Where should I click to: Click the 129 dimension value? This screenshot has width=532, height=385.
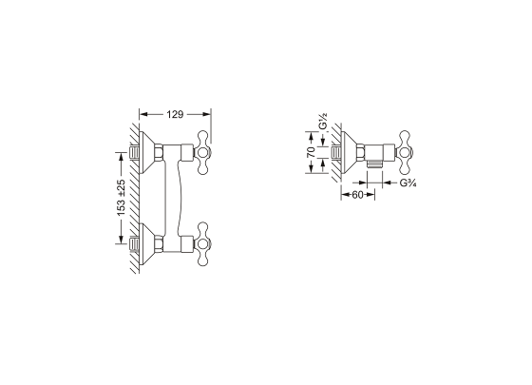pyautogui.click(x=175, y=115)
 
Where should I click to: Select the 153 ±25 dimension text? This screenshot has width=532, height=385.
pyautogui.click(x=122, y=198)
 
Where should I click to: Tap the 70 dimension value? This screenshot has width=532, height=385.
pyautogui.click(x=312, y=152)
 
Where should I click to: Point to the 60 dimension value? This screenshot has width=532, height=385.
pyautogui.click(x=357, y=195)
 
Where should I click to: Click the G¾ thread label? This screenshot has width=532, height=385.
pyautogui.click(x=408, y=183)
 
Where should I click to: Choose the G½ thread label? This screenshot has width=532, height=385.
pyautogui.click(x=323, y=122)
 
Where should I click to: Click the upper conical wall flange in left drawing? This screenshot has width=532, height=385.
pyautogui.click(x=146, y=152)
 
